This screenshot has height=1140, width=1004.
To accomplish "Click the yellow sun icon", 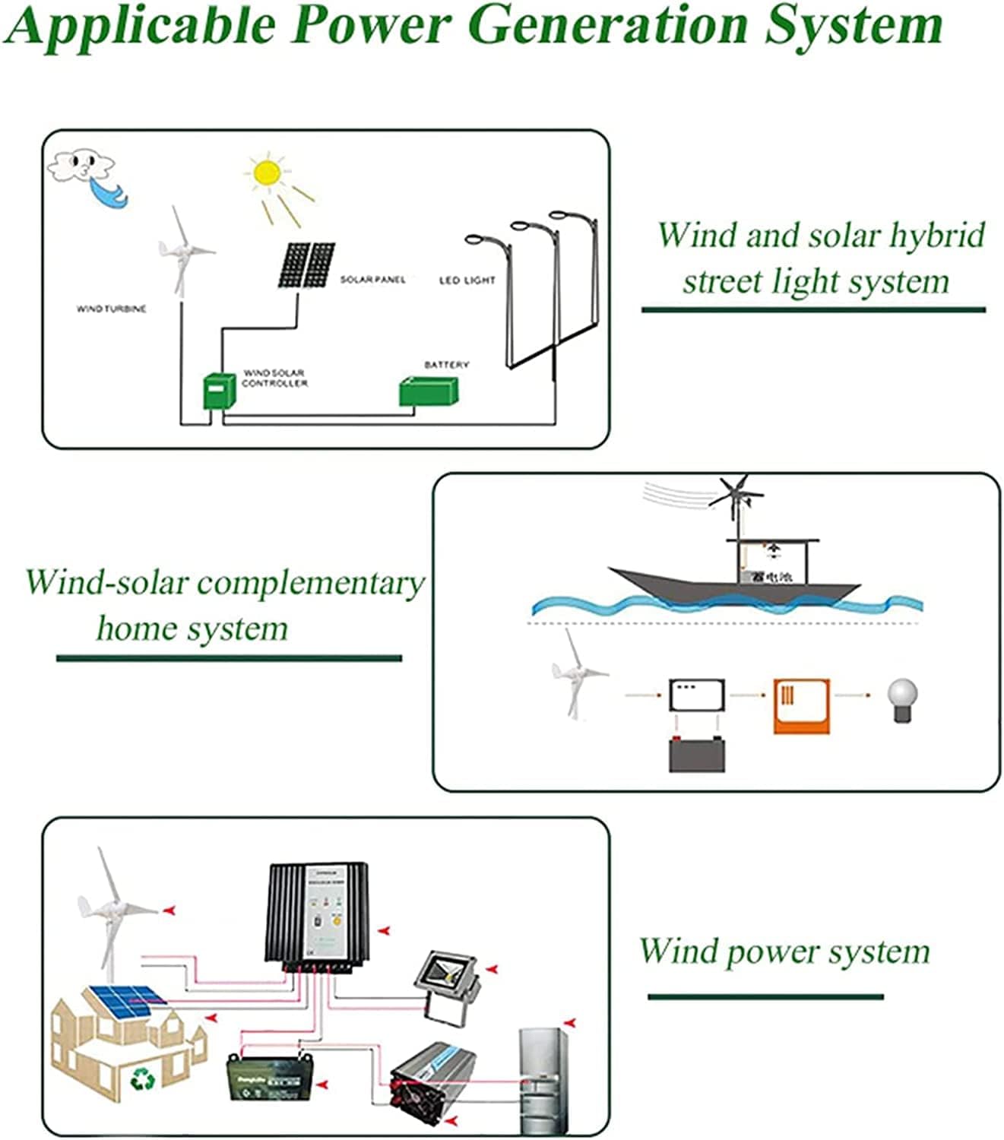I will click(268, 173).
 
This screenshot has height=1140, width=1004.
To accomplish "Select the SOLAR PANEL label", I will click(372, 280).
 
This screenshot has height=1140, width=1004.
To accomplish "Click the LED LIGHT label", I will click(467, 280).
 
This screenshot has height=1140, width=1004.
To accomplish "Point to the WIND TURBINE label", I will click(111, 309).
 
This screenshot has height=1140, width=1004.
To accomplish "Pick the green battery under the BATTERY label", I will click(429, 391).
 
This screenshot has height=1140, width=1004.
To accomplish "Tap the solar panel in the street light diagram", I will click(306, 265).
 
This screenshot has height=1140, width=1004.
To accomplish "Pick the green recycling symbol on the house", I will click(142, 1078).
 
